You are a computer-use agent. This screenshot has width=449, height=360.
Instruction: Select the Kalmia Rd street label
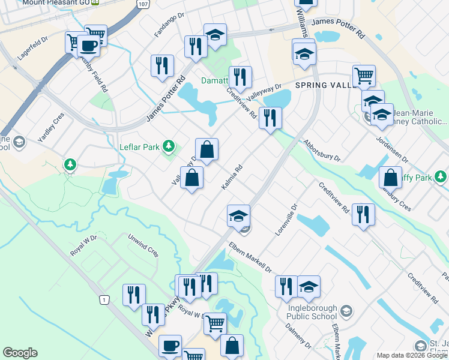(231, 178)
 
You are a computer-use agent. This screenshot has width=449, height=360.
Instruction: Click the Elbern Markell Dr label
(251, 257)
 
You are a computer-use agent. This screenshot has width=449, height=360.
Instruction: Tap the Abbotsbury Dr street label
(322, 152)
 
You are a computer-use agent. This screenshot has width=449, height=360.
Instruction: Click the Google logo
(20, 353)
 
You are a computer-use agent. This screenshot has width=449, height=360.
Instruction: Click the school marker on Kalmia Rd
(238, 215)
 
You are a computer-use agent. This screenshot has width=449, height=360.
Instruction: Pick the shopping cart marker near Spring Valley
(364, 76)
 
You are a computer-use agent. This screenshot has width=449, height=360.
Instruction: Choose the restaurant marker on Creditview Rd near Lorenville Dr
(363, 214)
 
